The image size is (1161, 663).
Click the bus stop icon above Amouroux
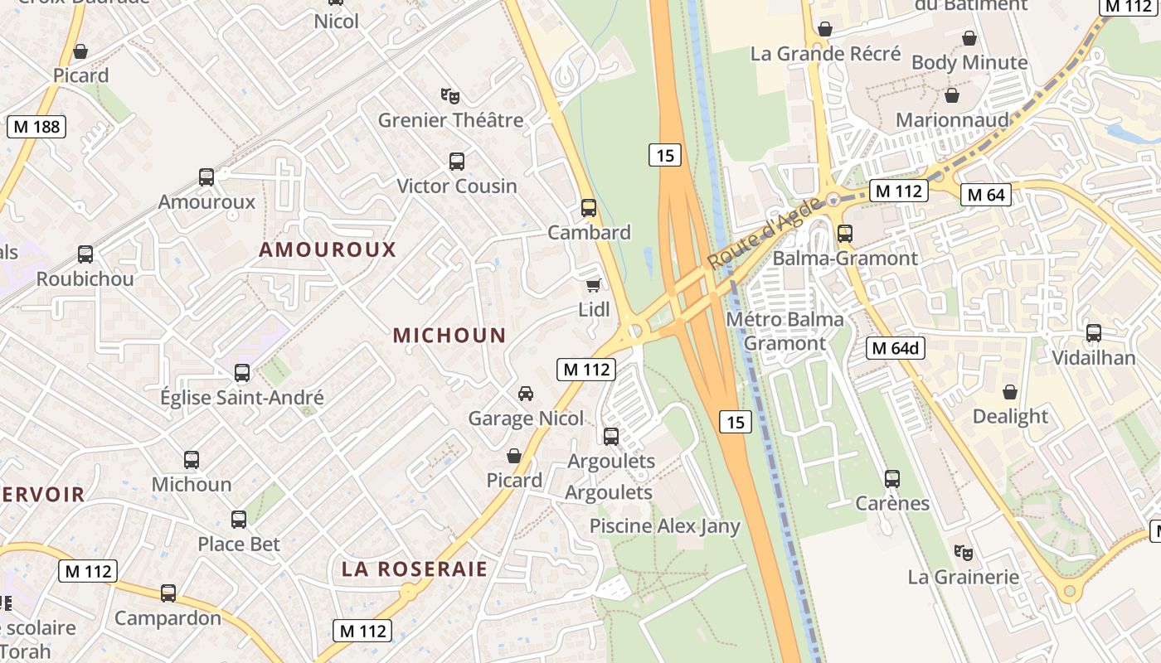(x=206, y=177)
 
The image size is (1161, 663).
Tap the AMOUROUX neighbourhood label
(x=328, y=249)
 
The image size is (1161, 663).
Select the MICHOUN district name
(x=449, y=336)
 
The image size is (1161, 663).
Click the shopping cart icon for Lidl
(x=593, y=285)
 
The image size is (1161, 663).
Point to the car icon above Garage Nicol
(x=525, y=393)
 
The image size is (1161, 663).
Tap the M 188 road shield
(x=36, y=127)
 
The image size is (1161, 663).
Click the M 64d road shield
(x=896, y=348)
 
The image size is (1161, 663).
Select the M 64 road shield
(x=985, y=195)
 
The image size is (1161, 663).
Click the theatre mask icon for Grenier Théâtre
(x=450, y=95)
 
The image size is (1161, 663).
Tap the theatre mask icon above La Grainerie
(x=962, y=551)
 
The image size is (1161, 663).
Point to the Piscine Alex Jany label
(x=664, y=526)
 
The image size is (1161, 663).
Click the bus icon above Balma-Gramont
(x=845, y=233)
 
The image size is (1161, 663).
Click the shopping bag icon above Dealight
(x=1010, y=391)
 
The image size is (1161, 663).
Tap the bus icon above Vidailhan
(x=1094, y=333)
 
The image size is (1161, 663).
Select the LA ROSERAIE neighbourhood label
(x=415, y=569)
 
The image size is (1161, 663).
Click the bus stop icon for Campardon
(x=168, y=593)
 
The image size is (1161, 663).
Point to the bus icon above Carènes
(x=892, y=478)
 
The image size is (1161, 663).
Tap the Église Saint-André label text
(x=242, y=398)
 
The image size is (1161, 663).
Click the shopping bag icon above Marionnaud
(x=952, y=95)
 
